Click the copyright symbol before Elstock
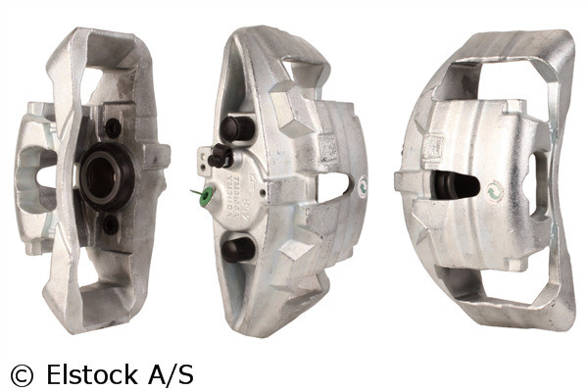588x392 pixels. point(21,375)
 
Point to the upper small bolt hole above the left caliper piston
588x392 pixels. point(113,127)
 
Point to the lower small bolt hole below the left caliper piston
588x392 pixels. point(111,224)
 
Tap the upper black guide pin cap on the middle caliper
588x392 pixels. point(235,128)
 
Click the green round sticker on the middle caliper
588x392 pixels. point(363,183)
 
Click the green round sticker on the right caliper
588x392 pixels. point(497,192)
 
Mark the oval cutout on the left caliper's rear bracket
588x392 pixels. point(45,176)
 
